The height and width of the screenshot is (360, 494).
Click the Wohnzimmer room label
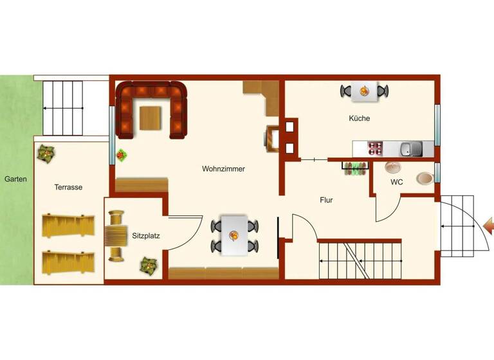coord(223,169)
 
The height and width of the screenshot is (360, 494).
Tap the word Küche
coord(360,118)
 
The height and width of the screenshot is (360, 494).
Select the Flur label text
coord(327,200)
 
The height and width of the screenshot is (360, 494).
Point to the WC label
coord(397,182)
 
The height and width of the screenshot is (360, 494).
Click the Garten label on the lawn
coord(15,179)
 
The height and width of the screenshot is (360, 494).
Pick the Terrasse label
coord(68,187)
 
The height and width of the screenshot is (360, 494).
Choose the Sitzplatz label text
coord(147,236)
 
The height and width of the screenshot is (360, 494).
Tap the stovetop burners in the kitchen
coord(375,150)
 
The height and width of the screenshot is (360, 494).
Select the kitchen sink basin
coord(406,150)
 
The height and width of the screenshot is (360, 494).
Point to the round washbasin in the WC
coord(393,167)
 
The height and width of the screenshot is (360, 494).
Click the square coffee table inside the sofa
coord(151,116)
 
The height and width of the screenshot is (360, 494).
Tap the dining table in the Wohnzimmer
coord(233,235)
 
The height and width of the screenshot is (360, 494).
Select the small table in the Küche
coord(365,91)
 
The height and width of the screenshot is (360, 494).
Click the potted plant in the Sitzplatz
coord(149,264)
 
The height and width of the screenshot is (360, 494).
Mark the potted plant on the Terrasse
coord(46,152)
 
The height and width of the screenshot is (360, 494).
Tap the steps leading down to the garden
coord(63,109)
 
